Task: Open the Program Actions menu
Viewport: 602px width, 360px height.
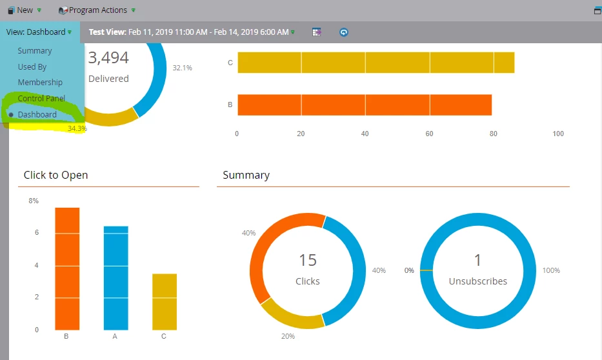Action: [x=97, y=10]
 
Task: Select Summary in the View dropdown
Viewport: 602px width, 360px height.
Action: [x=35, y=51]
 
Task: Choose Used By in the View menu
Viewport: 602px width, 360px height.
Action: [x=32, y=66]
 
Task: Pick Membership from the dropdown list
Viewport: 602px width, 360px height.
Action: [x=40, y=83]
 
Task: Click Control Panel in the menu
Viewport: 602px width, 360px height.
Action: [x=41, y=99]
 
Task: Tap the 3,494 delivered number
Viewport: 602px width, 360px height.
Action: [x=108, y=58]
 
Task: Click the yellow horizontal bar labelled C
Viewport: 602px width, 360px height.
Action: [x=376, y=63]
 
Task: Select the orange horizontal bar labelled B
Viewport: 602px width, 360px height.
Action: [x=365, y=105]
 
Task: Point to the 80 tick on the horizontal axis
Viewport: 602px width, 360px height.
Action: [x=494, y=134]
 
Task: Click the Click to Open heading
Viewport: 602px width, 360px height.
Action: [x=55, y=175]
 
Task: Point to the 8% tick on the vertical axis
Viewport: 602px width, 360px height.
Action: [x=34, y=201]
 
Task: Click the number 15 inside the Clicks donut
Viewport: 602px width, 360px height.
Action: [x=308, y=260]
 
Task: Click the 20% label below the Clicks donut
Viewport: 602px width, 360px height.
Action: [x=288, y=336]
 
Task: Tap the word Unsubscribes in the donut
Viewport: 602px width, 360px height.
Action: [x=478, y=281]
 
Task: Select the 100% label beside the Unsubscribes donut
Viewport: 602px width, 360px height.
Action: [x=552, y=270]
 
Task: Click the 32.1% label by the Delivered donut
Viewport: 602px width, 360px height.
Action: [x=182, y=68]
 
